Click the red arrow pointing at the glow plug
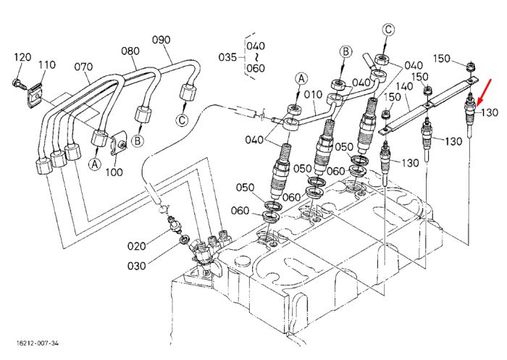pos(483,93)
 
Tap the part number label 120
pos(22,57)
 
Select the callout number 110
pos(47,64)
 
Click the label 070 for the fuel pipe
pos(83,67)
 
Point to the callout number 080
pos(130,51)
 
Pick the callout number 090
pos(161,40)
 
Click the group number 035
pos(227,57)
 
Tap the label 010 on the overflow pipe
pos(314,94)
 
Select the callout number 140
pos(404,86)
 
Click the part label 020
pos(136,246)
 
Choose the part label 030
pos(136,266)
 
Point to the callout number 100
pos(114,172)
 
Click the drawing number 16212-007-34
pos(38,343)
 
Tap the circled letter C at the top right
pos(388,30)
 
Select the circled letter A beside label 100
pos(94,164)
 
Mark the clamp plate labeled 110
pos(35,93)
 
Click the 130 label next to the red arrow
pos(490,112)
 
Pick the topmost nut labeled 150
pos(471,67)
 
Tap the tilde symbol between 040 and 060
pos(256,57)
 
